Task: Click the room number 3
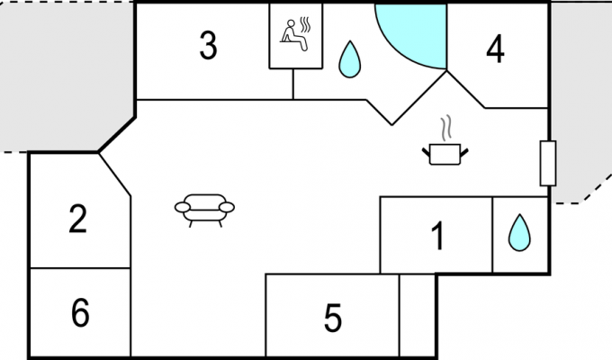click(208, 46)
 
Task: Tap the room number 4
click(495, 49)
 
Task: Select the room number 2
click(77, 219)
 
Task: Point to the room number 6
click(80, 312)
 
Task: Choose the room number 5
click(333, 319)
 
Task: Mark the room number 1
click(438, 236)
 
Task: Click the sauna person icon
click(293, 35)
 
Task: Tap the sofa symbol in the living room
click(204, 210)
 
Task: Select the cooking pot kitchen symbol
click(445, 154)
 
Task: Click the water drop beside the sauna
click(350, 60)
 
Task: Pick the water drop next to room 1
click(519, 233)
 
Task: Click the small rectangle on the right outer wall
click(548, 163)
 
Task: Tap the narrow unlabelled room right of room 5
click(418, 315)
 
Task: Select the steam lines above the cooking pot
click(446, 128)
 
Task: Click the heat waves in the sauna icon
click(306, 24)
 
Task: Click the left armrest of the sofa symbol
click(183, 207)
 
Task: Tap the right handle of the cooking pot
click(464, 152)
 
